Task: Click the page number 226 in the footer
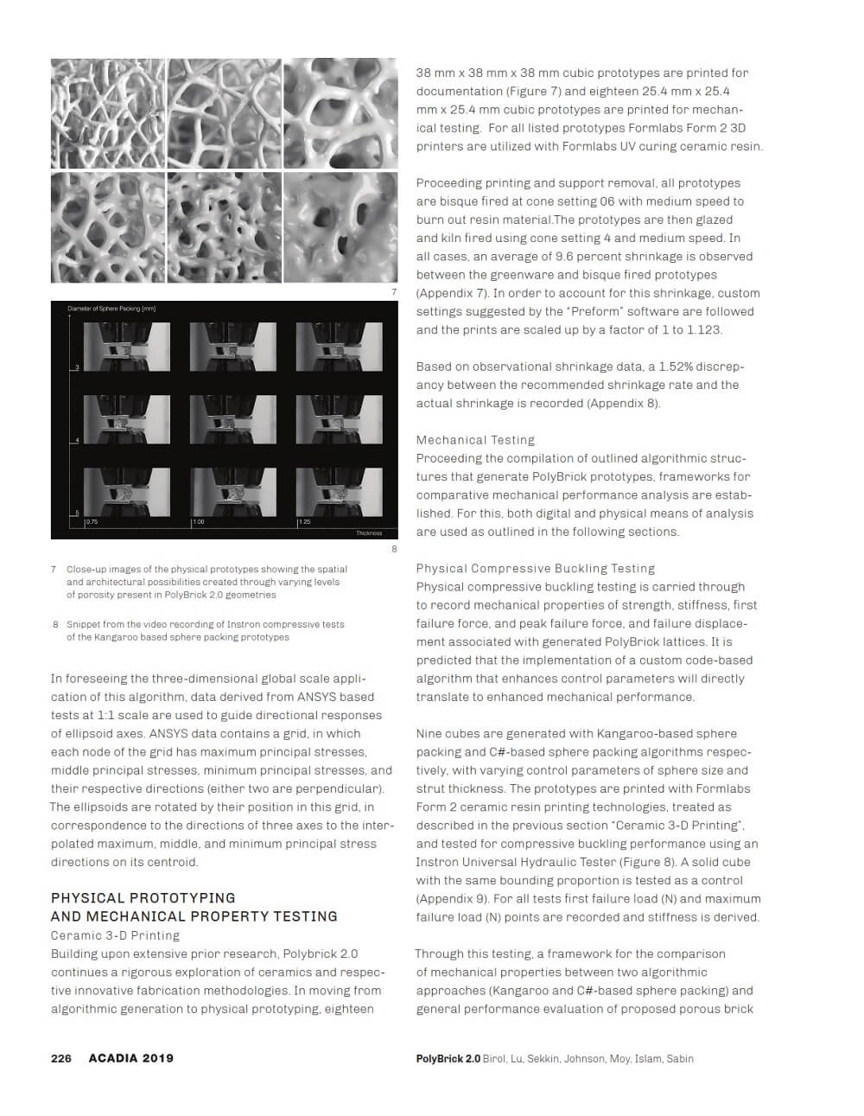(x=60, y=1058)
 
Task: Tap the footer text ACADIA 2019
(x=130, y=1058)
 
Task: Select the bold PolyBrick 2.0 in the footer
(x=448, y=1058)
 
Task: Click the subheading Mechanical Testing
(x=475, y=440)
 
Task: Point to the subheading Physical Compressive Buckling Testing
(x=536, y=569)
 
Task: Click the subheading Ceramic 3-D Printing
(x=115, y=935)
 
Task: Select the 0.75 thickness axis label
(x=92, y=522)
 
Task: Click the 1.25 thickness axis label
(x=304, y=522)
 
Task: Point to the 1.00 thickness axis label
(x=198, y=522)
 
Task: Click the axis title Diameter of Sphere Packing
(x=111, y=309)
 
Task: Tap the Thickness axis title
(x=369, y=533)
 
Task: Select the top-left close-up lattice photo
(x=108, y=113)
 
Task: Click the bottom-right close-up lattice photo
(x=340, y=227)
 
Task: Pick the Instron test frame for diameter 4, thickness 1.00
(x=233, y=419)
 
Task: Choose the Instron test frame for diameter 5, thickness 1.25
(x=339, y=492)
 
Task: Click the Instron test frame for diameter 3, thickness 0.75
(x=127, y=347)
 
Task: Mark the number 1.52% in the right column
(x=676, y=367)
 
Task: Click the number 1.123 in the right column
(x=704, y=330)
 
